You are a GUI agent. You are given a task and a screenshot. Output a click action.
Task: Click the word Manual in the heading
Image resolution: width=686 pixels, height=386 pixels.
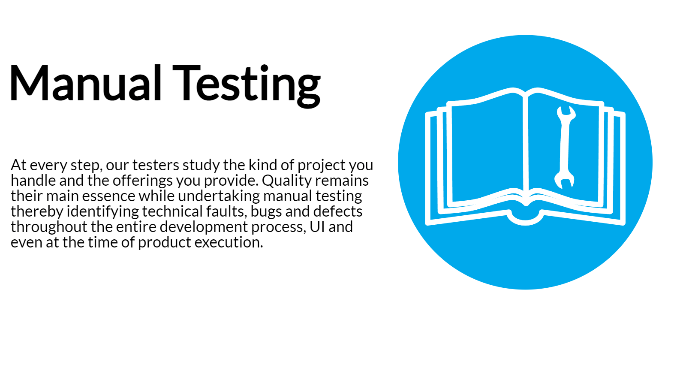(x=86, y=83)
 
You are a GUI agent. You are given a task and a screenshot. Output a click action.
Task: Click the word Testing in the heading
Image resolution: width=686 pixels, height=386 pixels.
(x=247, y=86)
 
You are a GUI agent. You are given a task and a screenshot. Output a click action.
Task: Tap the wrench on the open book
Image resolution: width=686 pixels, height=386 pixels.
(x=566, y=147)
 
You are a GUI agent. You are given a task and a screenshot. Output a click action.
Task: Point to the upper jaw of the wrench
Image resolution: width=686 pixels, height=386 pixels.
(x=566, y=115)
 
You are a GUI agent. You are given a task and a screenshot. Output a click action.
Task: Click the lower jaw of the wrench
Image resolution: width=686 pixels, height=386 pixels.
(x=564, y=180)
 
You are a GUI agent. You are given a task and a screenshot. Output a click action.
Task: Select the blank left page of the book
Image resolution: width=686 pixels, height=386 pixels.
(x=487, y=150)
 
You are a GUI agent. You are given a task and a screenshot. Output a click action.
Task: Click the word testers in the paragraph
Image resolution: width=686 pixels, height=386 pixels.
(x=156, y=166)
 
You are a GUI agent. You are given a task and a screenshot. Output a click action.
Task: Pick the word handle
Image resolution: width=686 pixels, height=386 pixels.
(x=33, y=181)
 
